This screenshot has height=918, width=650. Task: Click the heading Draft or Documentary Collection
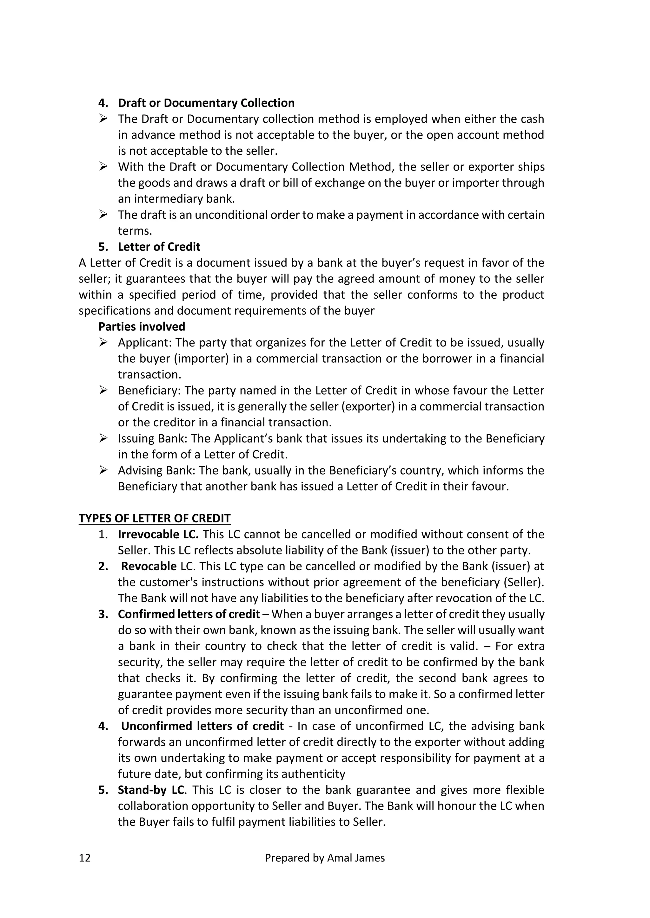(x=206, y=103)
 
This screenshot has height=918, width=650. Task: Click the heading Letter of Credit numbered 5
(x=159, y=247)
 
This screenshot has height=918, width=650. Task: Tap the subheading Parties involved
(x=142, y=327)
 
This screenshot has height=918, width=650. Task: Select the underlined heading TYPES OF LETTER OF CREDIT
(x=155, y=519)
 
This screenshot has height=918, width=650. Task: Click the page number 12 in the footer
(x=85, y=858)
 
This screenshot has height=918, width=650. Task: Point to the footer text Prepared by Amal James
(x=325, y=858)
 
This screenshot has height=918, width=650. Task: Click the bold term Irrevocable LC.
(x=158, y=534)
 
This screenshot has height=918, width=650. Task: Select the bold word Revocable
(x=149, y=566)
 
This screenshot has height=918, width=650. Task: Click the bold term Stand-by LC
(x=151, y=790)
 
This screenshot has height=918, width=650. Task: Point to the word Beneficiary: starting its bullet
(x=150, y=391)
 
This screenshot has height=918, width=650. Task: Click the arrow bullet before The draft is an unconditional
(x=103, y=215)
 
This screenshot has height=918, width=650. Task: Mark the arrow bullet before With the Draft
(x=103, y=167)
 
